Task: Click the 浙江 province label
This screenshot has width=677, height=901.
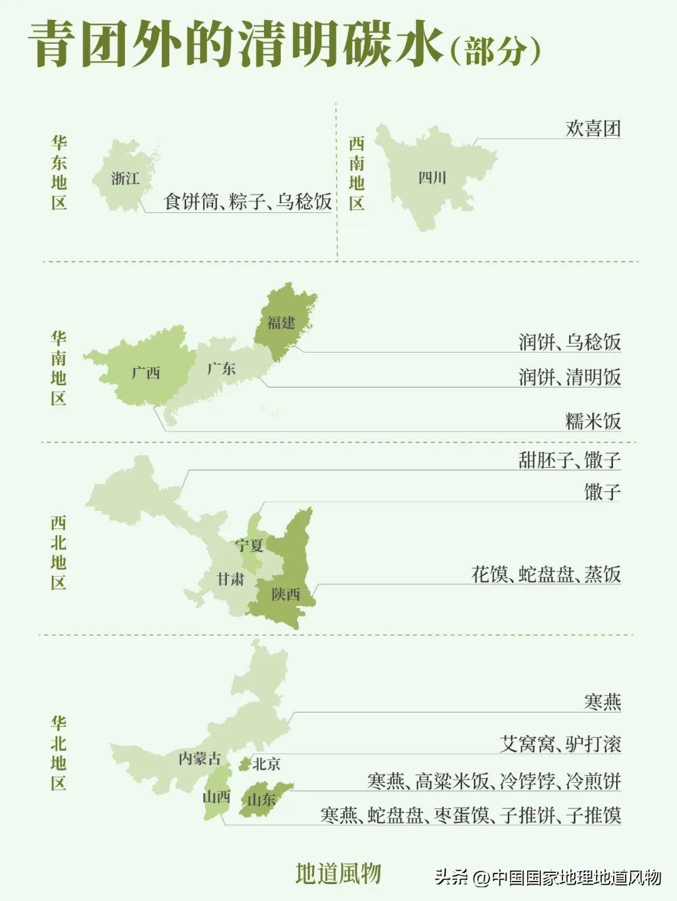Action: [125, 178]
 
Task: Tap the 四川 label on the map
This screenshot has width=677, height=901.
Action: [432, 178]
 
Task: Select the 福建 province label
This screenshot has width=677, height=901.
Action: [281, 322]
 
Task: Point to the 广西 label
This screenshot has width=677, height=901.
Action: [146, 373]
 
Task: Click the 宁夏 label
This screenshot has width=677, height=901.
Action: [249, 545]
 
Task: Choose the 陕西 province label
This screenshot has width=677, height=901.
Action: [286, 594]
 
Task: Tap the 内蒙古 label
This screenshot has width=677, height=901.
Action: [199, 758]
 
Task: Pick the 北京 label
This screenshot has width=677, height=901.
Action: [266, 764]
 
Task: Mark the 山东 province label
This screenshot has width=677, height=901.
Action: [261, 800]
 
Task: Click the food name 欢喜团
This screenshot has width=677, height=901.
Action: [593, 129]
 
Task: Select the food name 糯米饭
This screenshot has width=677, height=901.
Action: [593, 421]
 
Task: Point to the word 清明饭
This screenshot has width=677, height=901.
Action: [594, 377]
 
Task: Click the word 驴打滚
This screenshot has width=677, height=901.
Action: [594, 744]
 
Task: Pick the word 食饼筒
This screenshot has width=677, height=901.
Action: [191, 202]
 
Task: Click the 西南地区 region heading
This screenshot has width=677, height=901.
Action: [357, 173]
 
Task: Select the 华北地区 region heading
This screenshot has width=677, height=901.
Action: [59, 753]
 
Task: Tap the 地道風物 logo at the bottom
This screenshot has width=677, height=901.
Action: [338, 873]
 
